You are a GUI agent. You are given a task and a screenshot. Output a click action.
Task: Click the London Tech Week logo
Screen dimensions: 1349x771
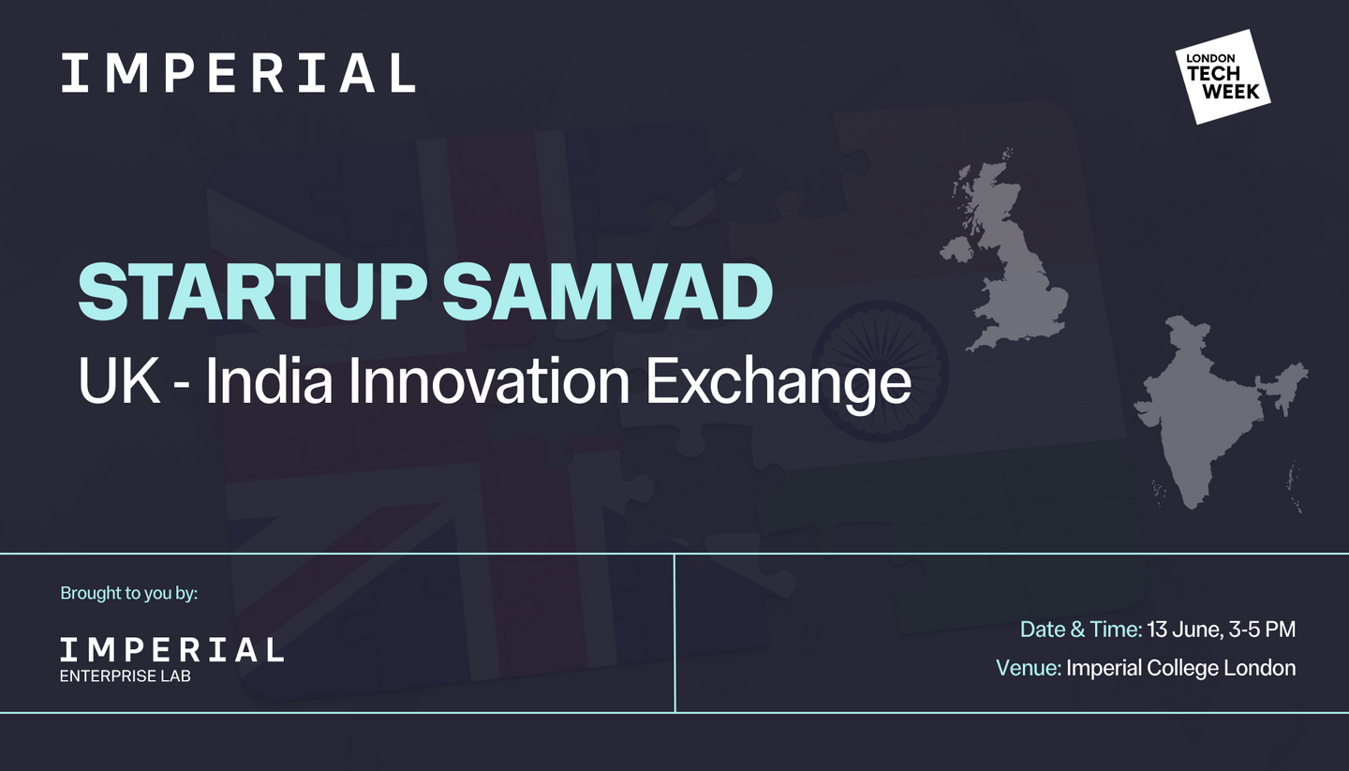coord(1223,77)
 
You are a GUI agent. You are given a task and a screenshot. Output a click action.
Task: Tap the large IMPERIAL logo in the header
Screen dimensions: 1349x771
coord(239,73)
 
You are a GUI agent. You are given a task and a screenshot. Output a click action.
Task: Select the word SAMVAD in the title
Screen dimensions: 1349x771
coord(607,292)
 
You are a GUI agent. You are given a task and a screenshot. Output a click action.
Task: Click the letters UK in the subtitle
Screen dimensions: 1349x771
coord(119,380)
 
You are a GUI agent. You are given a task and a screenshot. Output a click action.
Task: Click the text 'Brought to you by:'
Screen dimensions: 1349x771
coord(129,593)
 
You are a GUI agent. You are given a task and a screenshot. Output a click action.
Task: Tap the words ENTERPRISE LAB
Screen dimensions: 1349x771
coord(126,676)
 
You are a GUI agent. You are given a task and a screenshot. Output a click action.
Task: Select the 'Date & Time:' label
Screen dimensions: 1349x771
coord(1081,630)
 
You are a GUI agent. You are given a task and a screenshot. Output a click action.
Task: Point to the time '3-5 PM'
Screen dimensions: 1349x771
coord(1262,630)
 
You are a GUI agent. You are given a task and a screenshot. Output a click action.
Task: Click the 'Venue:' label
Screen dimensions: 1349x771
coord(1029,668)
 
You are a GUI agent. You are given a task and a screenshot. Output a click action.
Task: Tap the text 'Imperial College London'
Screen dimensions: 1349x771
coord(1181,669)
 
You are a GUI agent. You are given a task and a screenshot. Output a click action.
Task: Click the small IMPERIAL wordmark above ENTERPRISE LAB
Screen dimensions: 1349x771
coord(171,650)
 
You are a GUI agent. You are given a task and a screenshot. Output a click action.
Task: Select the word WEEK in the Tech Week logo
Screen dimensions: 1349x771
coord(1232,92)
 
